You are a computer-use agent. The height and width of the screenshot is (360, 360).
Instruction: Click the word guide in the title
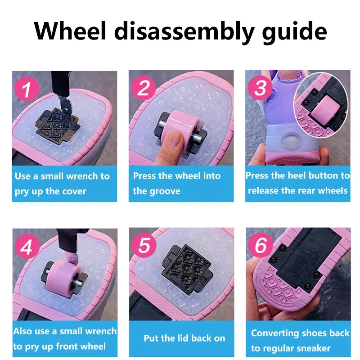click(294, 32)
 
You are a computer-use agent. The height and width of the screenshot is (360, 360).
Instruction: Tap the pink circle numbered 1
click(27, 89)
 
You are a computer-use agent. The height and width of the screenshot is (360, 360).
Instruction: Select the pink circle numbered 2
click(143, 87)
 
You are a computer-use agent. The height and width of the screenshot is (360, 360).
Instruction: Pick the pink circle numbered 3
click(260, 87)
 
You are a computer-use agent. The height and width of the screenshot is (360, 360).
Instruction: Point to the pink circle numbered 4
click(27, 246)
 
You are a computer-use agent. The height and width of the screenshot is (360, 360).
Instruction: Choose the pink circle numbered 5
click(144, 245)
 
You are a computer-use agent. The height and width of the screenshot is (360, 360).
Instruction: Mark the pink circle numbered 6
click(261, 245)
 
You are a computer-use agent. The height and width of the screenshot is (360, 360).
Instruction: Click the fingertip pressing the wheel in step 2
click(175, 139)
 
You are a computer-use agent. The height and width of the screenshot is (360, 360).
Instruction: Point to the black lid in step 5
click(187, 269)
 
